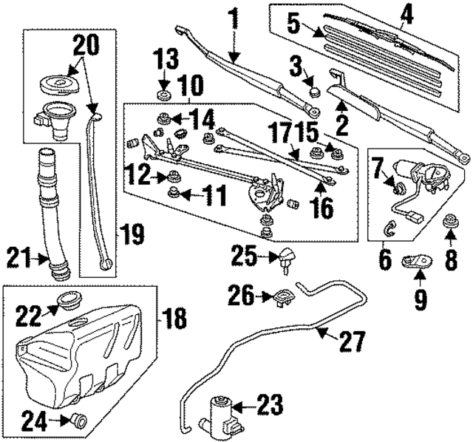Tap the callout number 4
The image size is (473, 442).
404,14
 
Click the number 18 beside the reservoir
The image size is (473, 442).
174,319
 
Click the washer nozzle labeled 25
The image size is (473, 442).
285,259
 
